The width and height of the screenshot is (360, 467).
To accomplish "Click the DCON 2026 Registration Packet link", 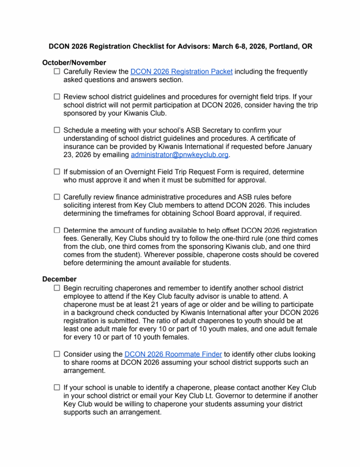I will pos(181,72).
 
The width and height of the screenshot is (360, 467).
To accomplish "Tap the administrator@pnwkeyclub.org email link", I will pos(179,155).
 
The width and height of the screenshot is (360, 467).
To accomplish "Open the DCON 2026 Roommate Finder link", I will pos(173,354).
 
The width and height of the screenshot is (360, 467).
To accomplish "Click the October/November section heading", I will pos(74,62).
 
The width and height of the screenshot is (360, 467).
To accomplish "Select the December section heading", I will pos(60,279).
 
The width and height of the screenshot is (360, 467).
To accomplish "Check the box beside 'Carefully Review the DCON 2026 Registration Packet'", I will pos(57,72).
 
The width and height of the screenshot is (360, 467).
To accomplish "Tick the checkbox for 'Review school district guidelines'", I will pos(57,97).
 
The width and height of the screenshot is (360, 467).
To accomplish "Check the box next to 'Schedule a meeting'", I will pos(57,130).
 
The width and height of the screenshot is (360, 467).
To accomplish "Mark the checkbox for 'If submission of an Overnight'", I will pos(57,171).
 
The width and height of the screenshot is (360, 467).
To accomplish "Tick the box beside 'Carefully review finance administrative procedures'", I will pos(57,197).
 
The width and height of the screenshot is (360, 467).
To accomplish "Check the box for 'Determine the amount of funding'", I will pos(57,230).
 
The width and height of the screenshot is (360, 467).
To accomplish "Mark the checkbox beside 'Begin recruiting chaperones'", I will pos(57,288).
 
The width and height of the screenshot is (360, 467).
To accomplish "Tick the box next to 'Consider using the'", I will pos(57,354).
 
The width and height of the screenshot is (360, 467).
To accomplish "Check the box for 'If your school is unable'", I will pos(57,388).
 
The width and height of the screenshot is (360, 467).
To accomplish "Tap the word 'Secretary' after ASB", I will pos(216,130).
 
